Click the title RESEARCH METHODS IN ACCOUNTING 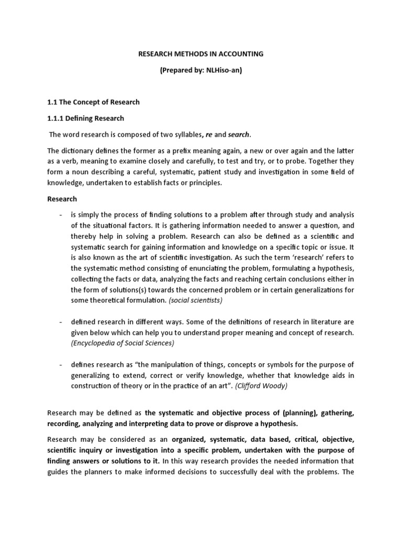click(200, 53)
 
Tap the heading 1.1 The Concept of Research click(94, 102)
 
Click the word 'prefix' click(198, 152)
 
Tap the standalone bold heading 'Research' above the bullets click(62, 199)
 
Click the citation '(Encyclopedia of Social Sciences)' click(122, 343)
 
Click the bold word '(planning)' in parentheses click(285, 413)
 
